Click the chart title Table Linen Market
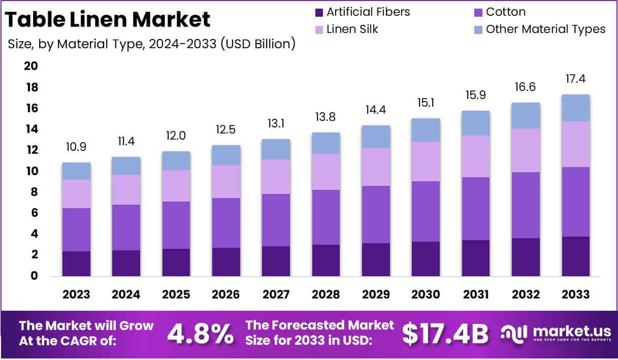[108, 20]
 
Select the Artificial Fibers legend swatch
[319, 12]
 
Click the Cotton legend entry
[505, 12]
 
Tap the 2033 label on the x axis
[575, 295]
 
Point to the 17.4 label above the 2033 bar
[575, 79]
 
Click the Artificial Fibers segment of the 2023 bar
[76, 264]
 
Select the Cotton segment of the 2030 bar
[426, 211]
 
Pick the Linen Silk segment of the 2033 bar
[575, 144]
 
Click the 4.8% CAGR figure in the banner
[201, 334]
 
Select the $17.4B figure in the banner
[445, 334]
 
